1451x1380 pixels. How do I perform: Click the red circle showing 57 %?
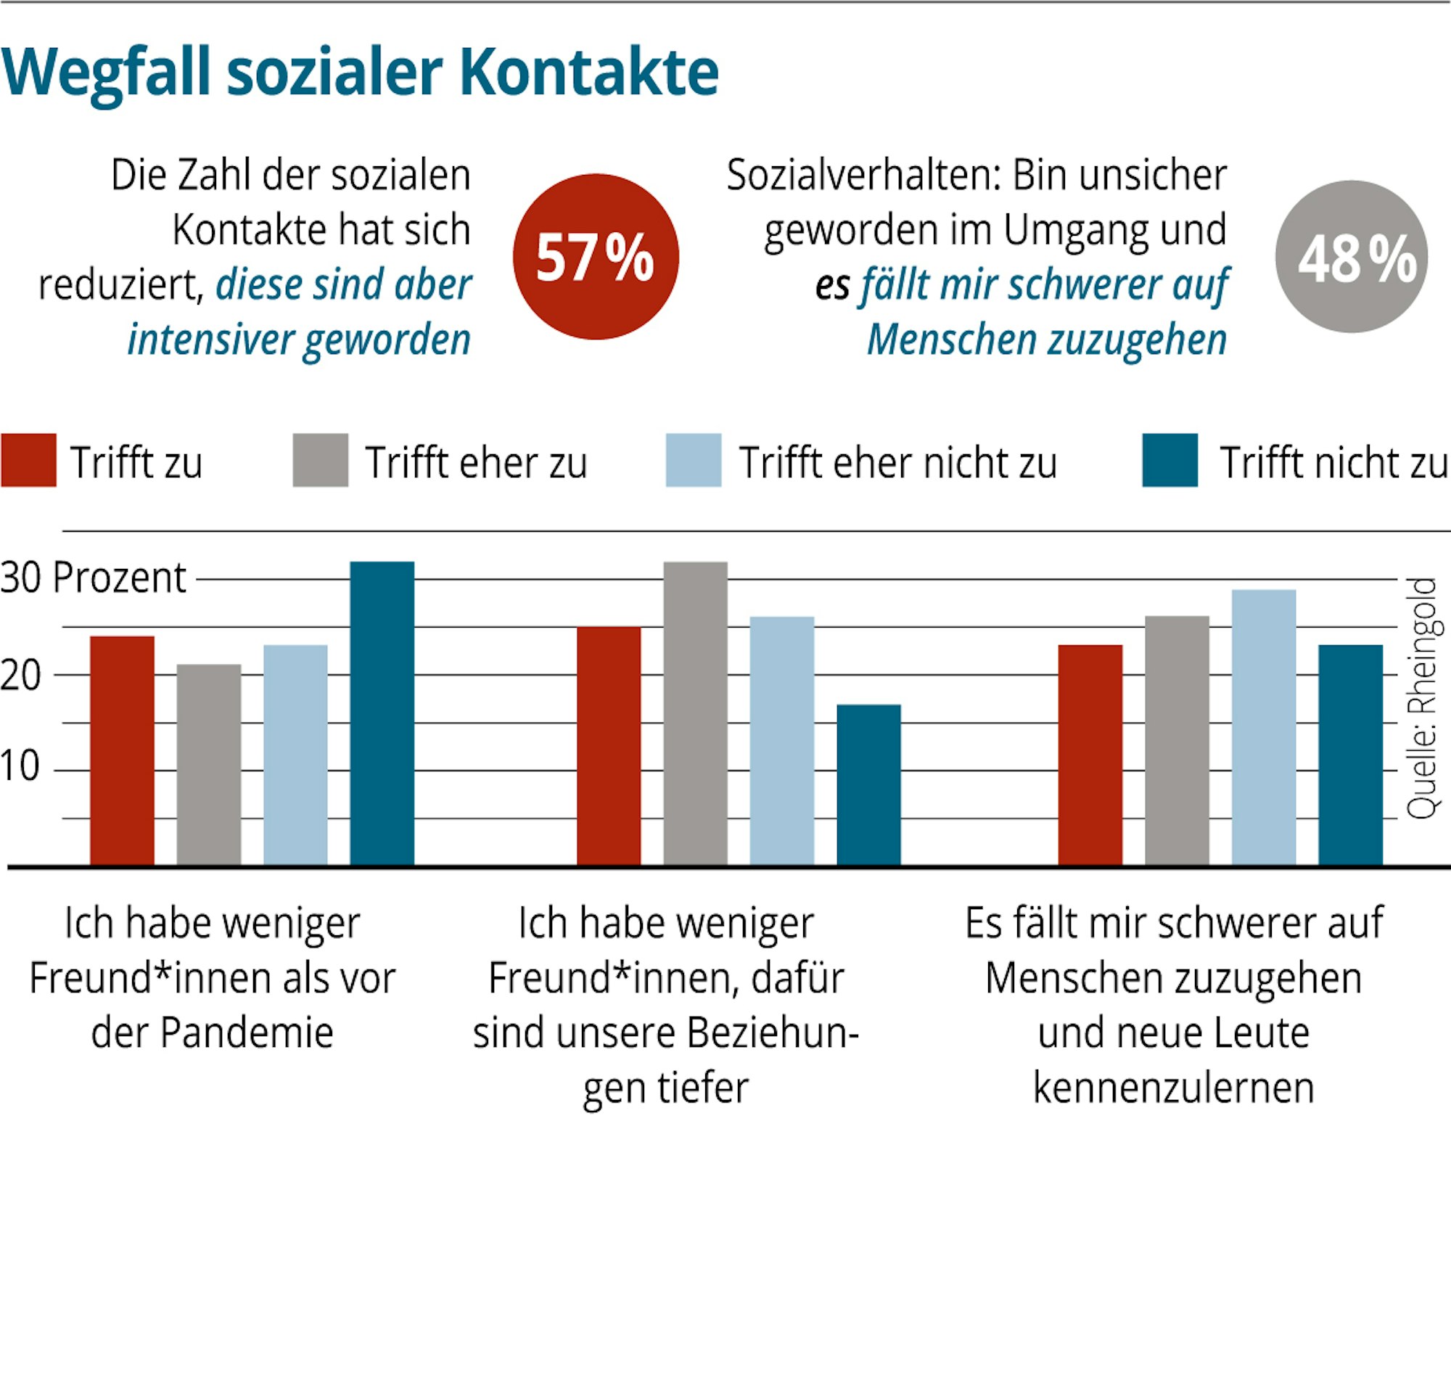tap(595, 257)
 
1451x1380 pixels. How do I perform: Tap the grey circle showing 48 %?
tap(1351, 257)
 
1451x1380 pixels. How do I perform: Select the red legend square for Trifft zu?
tap(29, 461)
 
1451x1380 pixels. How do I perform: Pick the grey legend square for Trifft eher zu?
tap(320, 461)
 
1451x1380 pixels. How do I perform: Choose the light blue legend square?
tap(693, 461)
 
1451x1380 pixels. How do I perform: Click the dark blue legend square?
tap(1170, 461)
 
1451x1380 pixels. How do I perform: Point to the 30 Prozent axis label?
tap(94, 578)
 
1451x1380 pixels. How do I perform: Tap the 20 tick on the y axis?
tap(20, 676)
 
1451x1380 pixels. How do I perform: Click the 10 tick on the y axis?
tap(20, 767)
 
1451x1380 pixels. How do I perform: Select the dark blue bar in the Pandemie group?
tap(382, 713)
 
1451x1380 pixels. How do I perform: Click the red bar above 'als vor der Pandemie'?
tap(122, 750)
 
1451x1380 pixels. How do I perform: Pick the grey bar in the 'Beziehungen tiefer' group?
tap(695, 713)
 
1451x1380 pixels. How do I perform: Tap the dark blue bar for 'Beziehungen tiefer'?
tap(868, 785)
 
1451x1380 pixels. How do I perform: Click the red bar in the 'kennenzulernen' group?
tap(1090, 755)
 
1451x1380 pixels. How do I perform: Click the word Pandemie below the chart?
tap(247, 1032)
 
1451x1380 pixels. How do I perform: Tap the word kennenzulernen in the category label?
tap(1173, 1088)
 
